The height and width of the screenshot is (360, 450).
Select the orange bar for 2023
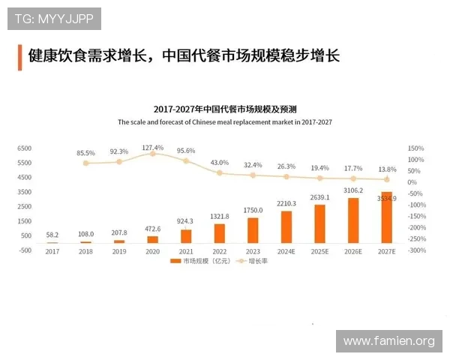(x=253, y=230)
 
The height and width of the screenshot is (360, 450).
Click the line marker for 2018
(x=85, y=163)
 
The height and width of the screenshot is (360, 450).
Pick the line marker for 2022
(x=220, y=173)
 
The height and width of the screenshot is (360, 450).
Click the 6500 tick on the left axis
(x=24, y=148)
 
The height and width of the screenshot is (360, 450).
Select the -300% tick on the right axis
(x=416, y=250)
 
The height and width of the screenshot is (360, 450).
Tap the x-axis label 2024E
(x=286, y=251)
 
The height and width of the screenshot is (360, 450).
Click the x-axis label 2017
(x=52, y=251)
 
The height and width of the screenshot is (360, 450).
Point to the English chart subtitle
(x=224, y=121)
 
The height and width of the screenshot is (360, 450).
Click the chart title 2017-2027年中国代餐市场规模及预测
(x=224, y=109)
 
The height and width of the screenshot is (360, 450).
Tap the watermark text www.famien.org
(x=388, y=341)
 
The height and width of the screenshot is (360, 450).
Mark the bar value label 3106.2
(x=352, y=190)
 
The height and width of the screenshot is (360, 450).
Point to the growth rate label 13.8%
(x=386, y=170)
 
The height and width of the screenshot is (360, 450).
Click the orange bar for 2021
(x=186, y=236)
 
